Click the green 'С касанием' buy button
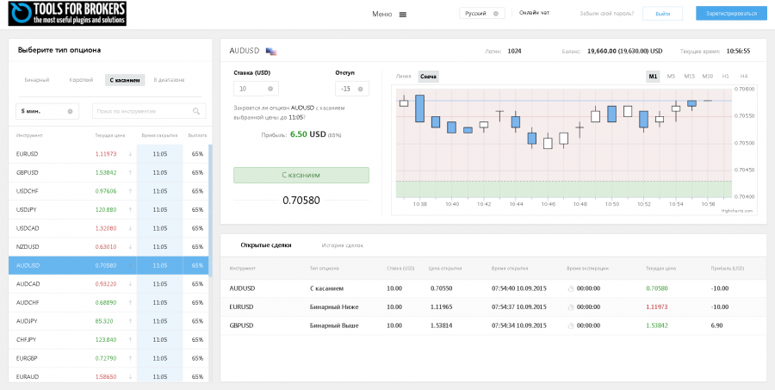click(301, 175)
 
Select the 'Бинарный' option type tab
click(37, 80)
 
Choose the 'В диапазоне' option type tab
click(169, 80)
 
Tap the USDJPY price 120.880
click(106, 209)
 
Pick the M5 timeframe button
click(671, 77)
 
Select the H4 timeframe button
click(744, 77)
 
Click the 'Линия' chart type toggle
click(404, 77)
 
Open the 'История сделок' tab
click(343, 245)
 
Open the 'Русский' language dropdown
click(482, 14)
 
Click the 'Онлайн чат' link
click(534, 14)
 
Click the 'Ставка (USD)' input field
click(256, 89)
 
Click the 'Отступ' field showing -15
click(352, 89)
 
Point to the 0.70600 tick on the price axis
click(744, 89)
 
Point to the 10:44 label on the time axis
click(516, 204)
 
